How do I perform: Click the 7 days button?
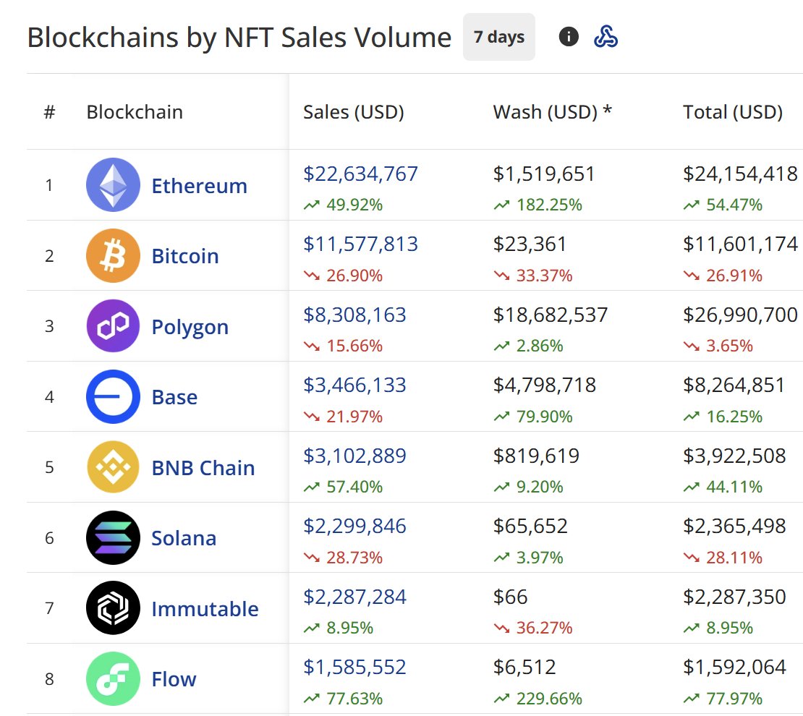tap(498, 37)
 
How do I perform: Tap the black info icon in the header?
tap(569, 37)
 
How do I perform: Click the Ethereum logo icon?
tap(113, 184)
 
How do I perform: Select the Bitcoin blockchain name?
tap(184, 256)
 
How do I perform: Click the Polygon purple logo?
tap(113, 326)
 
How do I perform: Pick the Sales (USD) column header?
tap(353, 112)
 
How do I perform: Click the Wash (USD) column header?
tap(552, 112)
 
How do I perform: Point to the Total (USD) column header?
tap(732, 112)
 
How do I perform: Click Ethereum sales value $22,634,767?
tap(360, 174)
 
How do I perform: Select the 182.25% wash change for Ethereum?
tap(548, 205)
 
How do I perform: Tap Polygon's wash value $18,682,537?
tap(550, 315)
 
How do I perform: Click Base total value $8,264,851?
tap(734, 385)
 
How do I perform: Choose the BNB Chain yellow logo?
tap(113, 466)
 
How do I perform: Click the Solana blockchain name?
tap(183, 538)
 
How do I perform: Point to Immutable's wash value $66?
tap(510, 597)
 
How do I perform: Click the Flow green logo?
tap(113, 678)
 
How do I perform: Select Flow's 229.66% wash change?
tap(548, 699)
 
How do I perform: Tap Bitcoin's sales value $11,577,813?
tap(360, 244)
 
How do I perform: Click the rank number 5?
tap(49, 467)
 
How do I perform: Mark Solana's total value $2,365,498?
tap(734, 527)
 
